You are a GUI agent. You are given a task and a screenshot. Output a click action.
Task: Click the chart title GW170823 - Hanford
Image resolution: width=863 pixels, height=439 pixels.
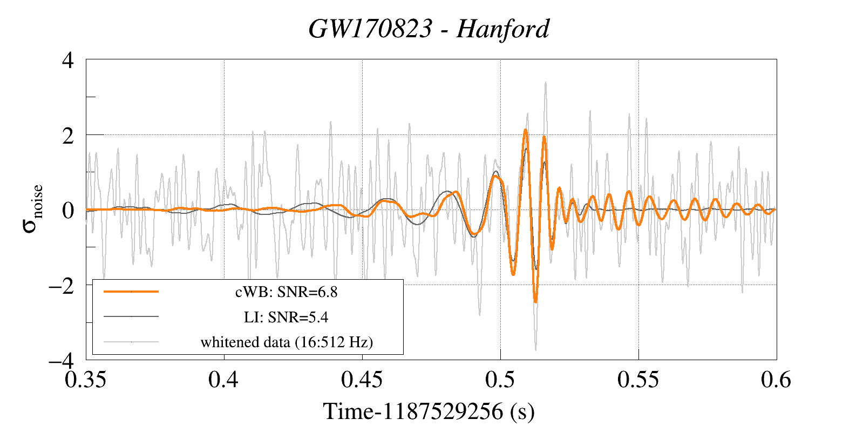(429, 29)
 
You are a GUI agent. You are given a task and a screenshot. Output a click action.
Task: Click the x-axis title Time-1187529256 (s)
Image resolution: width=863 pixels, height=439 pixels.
(429, 411)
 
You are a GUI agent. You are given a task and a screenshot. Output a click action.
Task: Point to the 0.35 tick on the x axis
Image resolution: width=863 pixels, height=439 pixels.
(86, 380)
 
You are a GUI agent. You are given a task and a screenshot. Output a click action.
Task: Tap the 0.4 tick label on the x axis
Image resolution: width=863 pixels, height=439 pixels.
(223, 380)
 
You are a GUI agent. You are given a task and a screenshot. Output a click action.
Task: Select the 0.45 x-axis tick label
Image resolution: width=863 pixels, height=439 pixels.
(362, 380)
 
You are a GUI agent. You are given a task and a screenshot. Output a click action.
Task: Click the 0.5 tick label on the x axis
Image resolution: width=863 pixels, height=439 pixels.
(500, 380)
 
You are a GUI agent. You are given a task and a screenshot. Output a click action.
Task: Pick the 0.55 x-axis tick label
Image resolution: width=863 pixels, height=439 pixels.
(638, 380)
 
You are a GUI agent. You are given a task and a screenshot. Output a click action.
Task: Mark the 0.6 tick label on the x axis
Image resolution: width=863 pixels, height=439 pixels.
(776, 380)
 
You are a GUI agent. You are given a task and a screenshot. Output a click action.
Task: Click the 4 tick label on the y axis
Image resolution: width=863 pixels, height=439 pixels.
(68, 60)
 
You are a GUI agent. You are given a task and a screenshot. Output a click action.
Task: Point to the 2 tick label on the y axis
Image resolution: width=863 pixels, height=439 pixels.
(68, 136)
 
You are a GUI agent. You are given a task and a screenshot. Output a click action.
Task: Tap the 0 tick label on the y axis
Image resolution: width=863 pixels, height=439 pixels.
(68, 210)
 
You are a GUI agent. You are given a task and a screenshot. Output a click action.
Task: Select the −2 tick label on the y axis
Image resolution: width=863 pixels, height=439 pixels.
(61, 285)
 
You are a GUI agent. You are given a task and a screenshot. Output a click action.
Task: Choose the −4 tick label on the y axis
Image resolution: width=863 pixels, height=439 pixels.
(61, 360)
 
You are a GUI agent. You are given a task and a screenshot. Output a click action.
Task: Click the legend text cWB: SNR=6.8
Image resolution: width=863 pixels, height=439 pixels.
(286, 292)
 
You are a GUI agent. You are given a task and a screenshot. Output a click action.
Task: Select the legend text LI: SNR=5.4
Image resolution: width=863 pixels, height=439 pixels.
(286, 317)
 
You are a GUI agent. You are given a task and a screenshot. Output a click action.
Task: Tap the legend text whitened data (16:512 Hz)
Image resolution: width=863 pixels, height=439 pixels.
(287, 342)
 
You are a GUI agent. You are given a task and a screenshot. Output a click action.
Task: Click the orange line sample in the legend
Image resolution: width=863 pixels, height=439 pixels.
(131, 292)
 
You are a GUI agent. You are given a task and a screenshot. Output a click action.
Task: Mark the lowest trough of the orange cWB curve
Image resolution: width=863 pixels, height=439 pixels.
(535, 301)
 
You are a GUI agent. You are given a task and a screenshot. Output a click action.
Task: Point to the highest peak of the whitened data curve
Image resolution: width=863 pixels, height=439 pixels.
(546, 83)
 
